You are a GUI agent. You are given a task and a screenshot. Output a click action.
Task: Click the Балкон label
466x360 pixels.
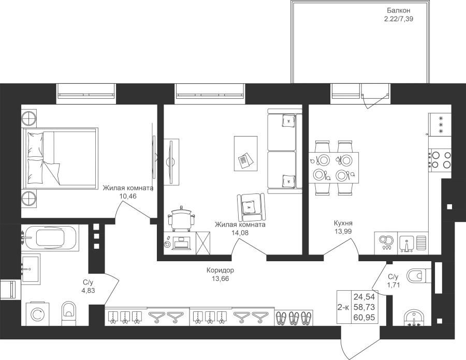point(399,11)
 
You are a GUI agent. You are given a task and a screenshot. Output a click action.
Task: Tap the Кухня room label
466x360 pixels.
point(343,223)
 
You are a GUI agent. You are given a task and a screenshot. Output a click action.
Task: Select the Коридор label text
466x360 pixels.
point(220,271)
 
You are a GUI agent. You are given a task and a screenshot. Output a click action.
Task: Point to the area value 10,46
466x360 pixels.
point(128,196)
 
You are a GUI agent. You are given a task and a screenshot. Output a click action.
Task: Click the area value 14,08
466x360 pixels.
point(240,233)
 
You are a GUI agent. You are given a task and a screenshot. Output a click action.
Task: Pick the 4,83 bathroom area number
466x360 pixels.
point(88,291)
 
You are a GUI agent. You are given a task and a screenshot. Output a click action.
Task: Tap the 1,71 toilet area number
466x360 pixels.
point(393,285)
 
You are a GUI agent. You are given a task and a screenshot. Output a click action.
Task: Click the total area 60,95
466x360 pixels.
point(364,318)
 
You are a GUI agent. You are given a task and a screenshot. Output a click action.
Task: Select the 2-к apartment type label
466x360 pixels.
point(344,307)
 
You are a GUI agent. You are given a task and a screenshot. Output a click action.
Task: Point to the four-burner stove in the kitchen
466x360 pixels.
point(440,159)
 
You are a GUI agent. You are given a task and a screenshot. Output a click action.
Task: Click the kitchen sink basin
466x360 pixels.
point(406,242)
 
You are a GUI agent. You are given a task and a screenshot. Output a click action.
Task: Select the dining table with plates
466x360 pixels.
point(333,168)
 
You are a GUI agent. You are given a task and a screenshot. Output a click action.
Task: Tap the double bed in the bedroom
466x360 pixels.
point(61,158)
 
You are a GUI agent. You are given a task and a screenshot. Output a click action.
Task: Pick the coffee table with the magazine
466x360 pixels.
point(245,153)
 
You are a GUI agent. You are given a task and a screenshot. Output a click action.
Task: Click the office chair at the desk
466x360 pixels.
point(181,218)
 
